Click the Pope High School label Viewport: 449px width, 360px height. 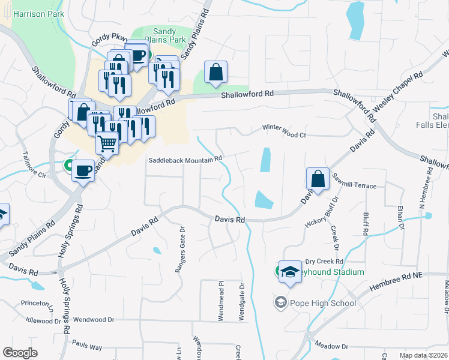[x=323, y=302]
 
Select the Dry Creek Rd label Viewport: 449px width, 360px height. [x=324, y=262]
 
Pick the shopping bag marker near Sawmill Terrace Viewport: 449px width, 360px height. [x=317, y=178]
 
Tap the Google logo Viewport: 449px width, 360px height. [x=20, y=353]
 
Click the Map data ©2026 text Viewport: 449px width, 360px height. [x=423, y=355]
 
